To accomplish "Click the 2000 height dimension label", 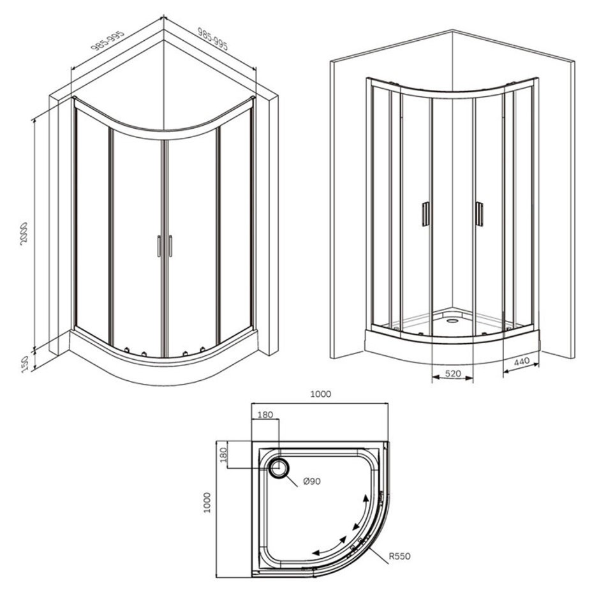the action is [25, 235].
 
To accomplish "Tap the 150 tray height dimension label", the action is [25, 364].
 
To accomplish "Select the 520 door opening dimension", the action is [453, 373].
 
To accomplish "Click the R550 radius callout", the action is [399, 556].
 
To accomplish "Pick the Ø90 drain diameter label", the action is [312, 481].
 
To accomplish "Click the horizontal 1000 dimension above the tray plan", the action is [321, 394].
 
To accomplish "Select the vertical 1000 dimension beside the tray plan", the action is [207, 503].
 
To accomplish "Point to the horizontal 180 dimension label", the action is [265, 415].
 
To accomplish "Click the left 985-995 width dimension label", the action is [108, 41].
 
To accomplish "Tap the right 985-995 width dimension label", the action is [213, 39].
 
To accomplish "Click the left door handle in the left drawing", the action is [159, 246].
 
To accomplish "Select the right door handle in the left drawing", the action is [170, 246].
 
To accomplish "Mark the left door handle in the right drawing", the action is [425, 213].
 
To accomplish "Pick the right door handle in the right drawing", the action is [479, 214].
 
